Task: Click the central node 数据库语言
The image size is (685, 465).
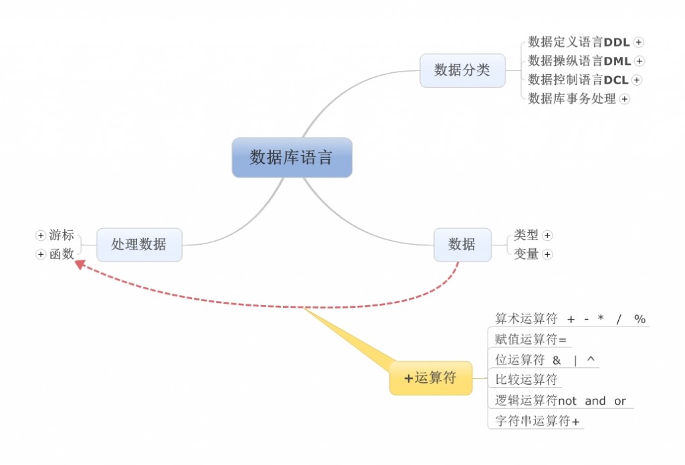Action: pos(292,157)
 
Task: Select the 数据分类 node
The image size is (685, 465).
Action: pos(462,70)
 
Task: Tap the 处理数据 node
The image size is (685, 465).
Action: pos(139,244)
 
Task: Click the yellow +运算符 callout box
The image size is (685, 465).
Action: pos(431,378)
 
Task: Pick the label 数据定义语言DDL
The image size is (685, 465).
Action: pos(579,42)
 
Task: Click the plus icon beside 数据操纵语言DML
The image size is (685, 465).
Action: pos(640,61)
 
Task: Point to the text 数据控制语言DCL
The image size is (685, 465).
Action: pos(578,80)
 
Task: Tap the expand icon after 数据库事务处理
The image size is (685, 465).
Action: pos(624,99)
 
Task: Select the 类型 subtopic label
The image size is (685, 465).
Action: pos(526,235)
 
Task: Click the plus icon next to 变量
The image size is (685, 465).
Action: pos(547,254)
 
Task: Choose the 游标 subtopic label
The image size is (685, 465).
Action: pos(62,236)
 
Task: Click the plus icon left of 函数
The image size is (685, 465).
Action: pos(41,254)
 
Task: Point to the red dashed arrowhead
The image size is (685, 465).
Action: pos(80,265)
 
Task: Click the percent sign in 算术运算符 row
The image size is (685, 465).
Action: pos(640,319)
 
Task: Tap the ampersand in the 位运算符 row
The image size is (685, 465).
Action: pos(557,360)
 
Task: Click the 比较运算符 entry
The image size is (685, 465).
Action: pos(526,380)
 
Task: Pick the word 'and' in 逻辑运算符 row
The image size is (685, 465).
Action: pos(595,401)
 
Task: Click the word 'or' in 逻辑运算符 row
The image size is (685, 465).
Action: pos(620,401)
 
